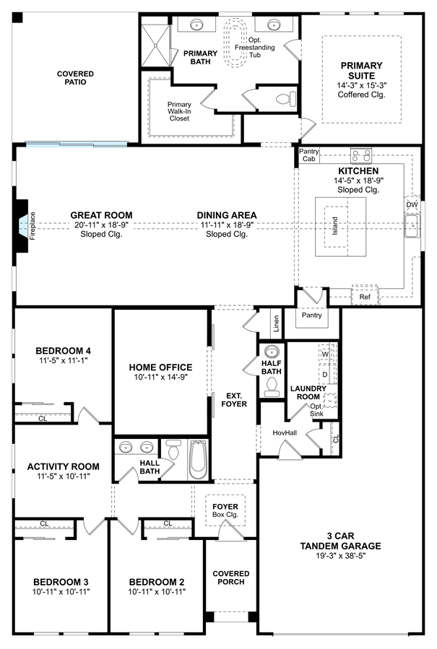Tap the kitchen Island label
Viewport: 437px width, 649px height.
335,225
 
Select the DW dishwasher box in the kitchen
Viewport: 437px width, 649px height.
412,204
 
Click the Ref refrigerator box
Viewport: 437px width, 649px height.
365,297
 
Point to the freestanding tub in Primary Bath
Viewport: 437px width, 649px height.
236,43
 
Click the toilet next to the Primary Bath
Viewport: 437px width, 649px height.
287,98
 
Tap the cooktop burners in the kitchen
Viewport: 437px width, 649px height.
360,156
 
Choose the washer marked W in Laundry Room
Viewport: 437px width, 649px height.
325,354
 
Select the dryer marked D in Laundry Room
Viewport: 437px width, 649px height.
325,375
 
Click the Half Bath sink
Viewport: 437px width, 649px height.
272,352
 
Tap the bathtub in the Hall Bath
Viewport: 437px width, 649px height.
198,459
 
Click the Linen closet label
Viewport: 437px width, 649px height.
276,323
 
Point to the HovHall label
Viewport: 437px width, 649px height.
285,432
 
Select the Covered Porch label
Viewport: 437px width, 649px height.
230,578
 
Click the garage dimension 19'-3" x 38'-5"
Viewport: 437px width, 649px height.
340,555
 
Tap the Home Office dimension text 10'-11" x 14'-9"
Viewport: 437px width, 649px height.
160,377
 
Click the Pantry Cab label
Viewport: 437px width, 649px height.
309,154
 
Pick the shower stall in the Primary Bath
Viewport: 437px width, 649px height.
156,45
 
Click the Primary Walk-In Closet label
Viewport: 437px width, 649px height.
179,111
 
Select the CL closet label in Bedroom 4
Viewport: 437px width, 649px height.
43,419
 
